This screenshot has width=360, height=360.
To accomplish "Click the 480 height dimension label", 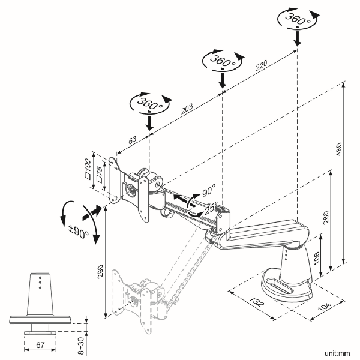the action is tap(339, 149).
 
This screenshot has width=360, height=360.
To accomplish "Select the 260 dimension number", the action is tap(326, 217).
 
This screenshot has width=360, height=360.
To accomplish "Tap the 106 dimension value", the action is tap(316, 258).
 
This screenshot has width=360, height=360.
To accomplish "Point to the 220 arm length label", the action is tap(262, 65).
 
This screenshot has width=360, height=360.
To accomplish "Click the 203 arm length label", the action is tap(187, 109).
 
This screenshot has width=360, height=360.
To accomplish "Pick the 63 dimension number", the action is tap(132, 140).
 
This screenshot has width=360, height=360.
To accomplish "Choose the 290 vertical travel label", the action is tap(100, 272).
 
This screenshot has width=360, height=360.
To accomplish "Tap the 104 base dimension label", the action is tap(325, 307).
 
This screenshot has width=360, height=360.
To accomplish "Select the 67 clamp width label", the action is tap(40, 345).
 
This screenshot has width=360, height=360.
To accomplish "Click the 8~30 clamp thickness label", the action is tap(81, 346).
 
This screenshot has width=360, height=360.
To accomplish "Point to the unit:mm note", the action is tap(337, 353).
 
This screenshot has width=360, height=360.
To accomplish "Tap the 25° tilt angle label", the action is tap(211, 208).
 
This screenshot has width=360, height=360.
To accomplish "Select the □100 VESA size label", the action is tap(88, 169).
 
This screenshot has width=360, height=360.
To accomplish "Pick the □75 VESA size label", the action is tap(100, 175).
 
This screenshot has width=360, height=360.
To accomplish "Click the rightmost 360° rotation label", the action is tap(298, 19).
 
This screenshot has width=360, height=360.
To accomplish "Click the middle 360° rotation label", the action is tap(223, 61).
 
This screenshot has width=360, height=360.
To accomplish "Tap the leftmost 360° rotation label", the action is tap(150, 104).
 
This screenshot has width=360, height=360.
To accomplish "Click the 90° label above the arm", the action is tap(209, 190).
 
